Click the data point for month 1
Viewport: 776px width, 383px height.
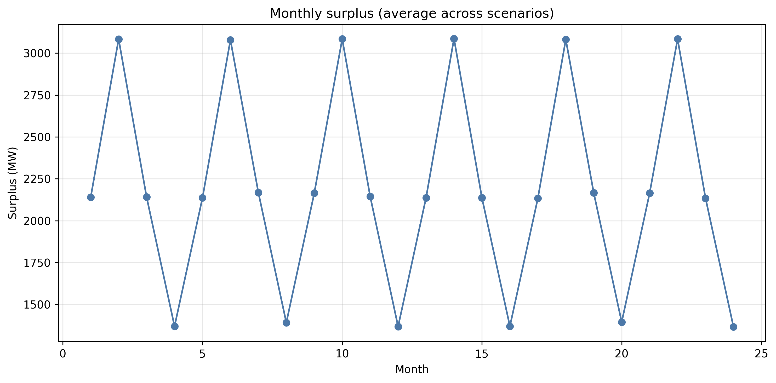pyautogui.click(x=91, y=197)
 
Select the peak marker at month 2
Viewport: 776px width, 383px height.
pyautogui.click(x=119, y=39)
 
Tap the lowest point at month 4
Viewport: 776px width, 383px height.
pyautogui.click(x=175, y=326)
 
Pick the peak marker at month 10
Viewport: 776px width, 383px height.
pyautogui.click(x=342, y=39)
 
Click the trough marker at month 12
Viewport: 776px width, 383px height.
pyautogui.click(x=398, y=327)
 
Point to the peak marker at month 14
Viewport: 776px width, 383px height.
pyautogui.click(x=454, y=39)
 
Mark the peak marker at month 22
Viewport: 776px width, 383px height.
pyautogui.click(x=678, y=39)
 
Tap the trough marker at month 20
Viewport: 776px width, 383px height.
pyautogui.click(x=622, y=322)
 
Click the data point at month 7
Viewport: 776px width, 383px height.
pyautogui.click(x=259, y=193)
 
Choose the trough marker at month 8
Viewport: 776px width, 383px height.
pyautogui.click(x=287, y=323)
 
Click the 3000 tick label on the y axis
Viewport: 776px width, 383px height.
pyautogui.click(x=37, y=54)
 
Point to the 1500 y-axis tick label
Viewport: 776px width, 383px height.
pyautogui.click(x=37, y=305)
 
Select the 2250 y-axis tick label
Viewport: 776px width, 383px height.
pyautogui.click(x=37, y=179)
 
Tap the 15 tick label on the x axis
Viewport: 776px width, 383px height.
pyautogui.click(x=482, y=354)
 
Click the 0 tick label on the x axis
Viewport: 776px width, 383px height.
pyautogui.click(x=63, y=354)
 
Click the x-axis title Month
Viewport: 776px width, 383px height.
pyautogui.click(x=412, y=369)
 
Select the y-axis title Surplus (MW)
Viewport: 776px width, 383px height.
pyautogui.click(x=13, y=183)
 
